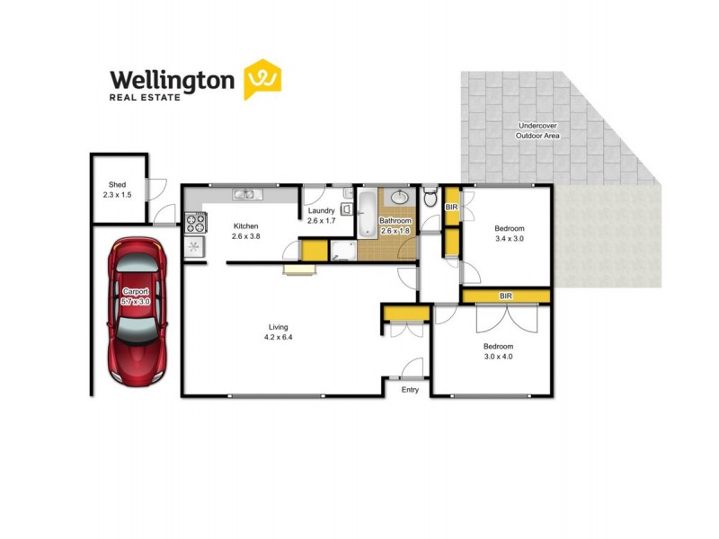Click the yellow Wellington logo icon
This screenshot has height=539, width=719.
click(x=262, y=79)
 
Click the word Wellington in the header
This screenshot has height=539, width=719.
click(x=172, y=79)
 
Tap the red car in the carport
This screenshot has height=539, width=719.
click(x=135, y=310)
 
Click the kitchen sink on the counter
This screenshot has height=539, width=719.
click(x=244, y=193)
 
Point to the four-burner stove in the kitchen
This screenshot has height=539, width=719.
click(x=195, y=222)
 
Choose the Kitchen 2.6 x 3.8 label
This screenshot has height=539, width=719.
click(x=245, y=231)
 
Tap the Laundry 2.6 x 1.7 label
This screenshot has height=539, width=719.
click(x=321, y=216)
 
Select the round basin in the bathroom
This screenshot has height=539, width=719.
click(x=400, y=198)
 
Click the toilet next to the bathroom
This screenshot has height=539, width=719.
click(x=430, y=197)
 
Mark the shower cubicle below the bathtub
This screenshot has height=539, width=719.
click(x=342, y=249)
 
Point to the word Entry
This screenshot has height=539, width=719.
click(x=410, y=390)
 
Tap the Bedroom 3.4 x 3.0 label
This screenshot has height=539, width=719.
click(x=509, y=234)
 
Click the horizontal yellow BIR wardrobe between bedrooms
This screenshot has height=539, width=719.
click(x=505, y=296)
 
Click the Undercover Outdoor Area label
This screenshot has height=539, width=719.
click(x=537, y=130)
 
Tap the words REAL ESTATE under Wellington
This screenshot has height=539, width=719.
click(x=145, y=97)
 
